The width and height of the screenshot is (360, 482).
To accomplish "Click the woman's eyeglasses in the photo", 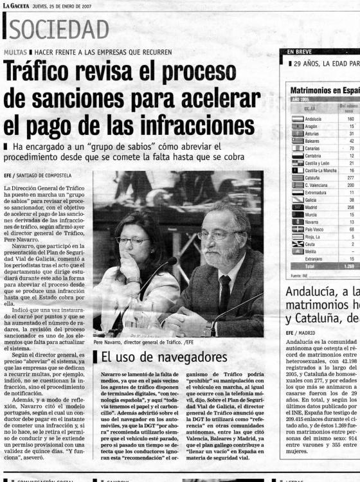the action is coord(132,241).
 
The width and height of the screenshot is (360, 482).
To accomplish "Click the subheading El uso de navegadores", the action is coord(164,356).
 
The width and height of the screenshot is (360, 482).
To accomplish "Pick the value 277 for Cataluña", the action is coord(350,177).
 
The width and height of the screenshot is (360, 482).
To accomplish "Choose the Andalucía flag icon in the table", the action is coord(297,119).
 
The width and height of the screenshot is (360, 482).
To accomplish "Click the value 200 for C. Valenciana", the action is coord(350,184).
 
